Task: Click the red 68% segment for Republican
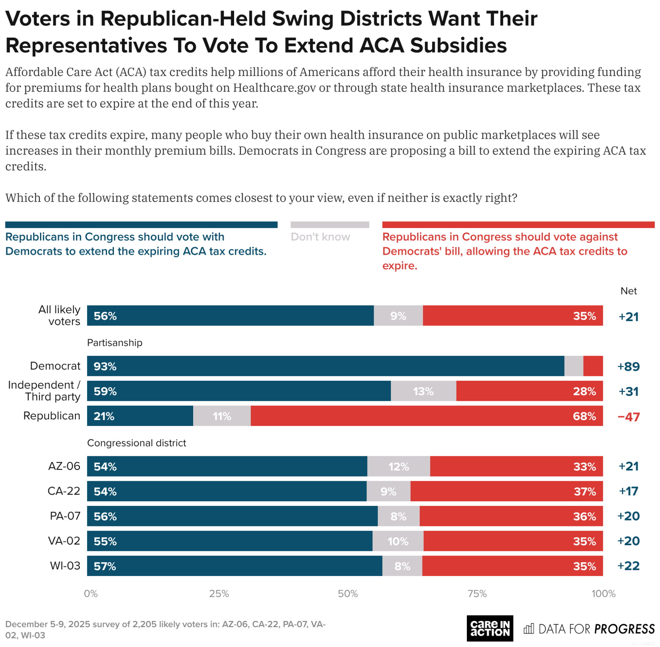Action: pyautogui.click(x=427, y=416)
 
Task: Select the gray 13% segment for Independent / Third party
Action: pyautogui.click(x=423, y=391)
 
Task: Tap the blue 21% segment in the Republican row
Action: pyautogui.click(x=140, y=416)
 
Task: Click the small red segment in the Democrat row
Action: pyautogui.click(x=593, y=366)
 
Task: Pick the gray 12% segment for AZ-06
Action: pyautogui.click(x=398, y=466)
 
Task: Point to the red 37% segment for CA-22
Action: pyautogui.click(x=506, y=491)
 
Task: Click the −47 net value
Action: pyautogui.click(x=628, y=417)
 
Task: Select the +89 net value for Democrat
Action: pyautogui.click(x=628, y=366)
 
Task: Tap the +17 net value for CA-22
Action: pyautogui.click(x=628, y=491)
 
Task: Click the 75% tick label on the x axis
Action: pyautogui.click(x=477, y=594)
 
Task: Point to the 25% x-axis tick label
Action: pyautogui.click(x=219, y=594)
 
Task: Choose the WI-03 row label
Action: pyautogui.click(x=65, y=566)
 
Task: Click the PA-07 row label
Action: pyautogui.click(x=65, y=516)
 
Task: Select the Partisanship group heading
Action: pyautogui.click(x=115, y=343)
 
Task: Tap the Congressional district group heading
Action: pyautogui.click(x=136, y=443)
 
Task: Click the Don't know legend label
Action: pyautogui.click(x=320, y=237)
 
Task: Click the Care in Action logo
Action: pyautogui.click(x=490, y=628)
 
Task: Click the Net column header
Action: pyautogui.click(x=628, y=291)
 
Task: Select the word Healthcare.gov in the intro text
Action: pyautogui.click(x=274, y=88)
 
